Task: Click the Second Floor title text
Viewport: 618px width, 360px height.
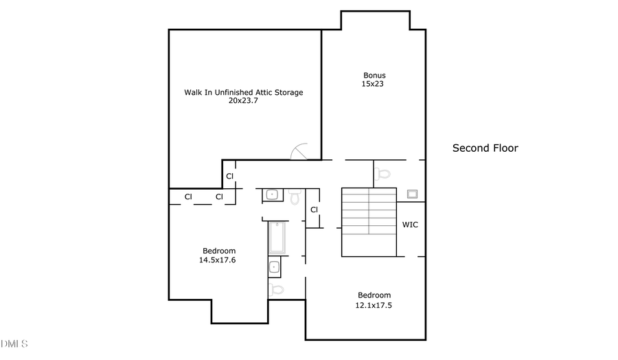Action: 485,148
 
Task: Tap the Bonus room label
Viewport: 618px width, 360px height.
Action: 374,76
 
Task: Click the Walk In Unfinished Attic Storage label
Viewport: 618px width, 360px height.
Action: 243,92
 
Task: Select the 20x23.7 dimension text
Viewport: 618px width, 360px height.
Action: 243,100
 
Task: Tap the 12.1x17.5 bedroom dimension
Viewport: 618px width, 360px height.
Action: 374,304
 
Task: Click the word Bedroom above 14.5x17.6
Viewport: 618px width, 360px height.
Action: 218,251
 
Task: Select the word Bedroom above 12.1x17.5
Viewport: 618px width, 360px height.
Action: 374,295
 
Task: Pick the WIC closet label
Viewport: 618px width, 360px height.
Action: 410,225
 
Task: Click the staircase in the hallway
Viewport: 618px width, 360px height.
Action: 369,222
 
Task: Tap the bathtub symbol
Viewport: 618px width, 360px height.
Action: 276,238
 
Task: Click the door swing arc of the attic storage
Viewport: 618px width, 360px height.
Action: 301,150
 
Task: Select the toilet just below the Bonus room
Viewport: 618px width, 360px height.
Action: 383,173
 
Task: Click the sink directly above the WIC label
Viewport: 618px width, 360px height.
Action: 413,194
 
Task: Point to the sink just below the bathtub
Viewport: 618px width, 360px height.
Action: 274,267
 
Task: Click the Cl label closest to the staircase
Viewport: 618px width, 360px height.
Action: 314,210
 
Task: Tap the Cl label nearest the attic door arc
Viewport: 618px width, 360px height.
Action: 230,176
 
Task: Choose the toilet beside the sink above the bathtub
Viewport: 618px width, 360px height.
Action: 295,198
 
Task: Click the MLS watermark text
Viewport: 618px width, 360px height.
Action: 14,343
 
